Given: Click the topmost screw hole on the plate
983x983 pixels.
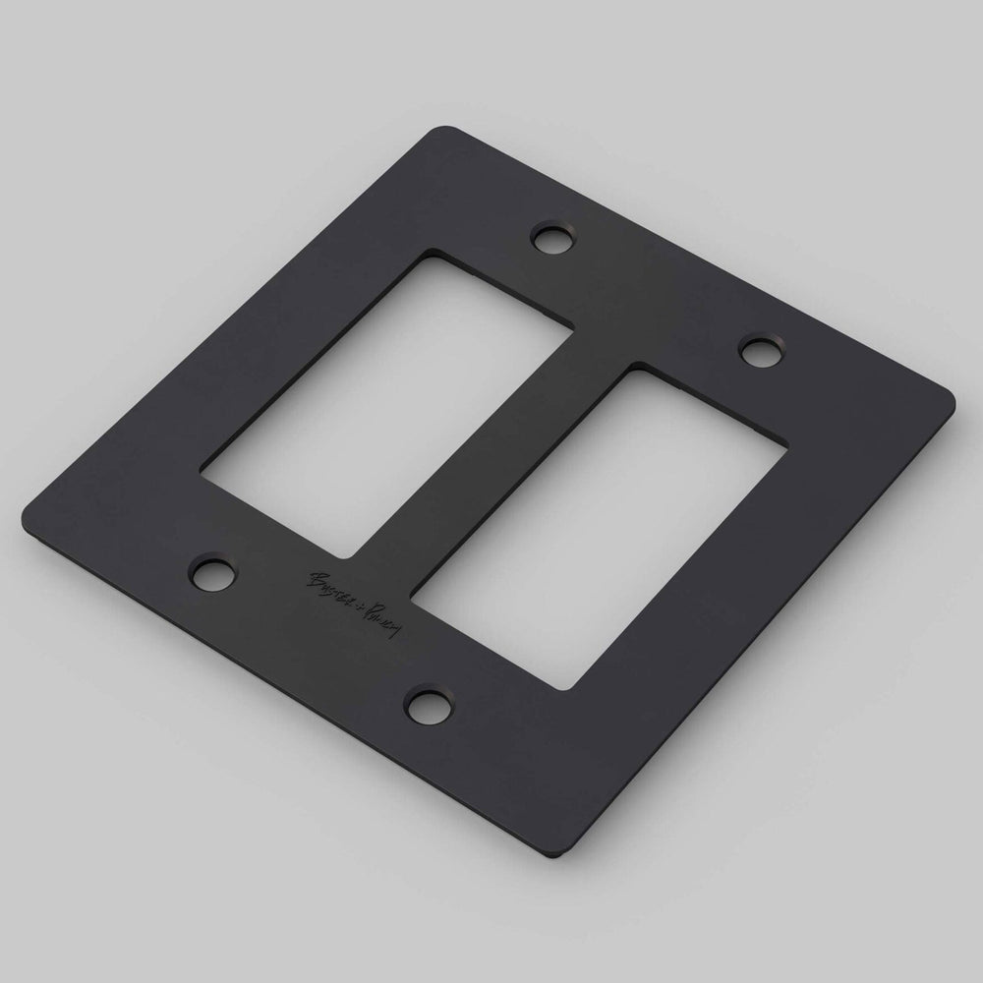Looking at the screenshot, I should pyautogui.click(x=550, y=237).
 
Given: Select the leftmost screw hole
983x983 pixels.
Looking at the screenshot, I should pyautogui.click(x=211, y=572).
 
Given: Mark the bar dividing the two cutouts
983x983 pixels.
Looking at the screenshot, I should pyautogui.click(x=491, y=452).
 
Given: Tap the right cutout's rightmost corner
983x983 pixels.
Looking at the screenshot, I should pyautogui.click(x=783, y=444).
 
